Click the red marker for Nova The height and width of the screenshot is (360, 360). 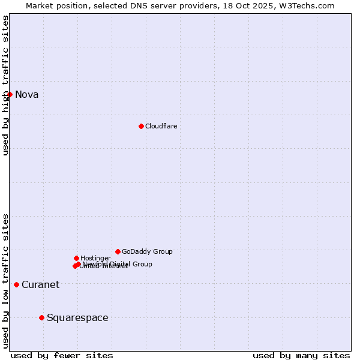pyautogui.click(x=10, y=94)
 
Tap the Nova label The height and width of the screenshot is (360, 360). pyautogui.click(x=26, y=94)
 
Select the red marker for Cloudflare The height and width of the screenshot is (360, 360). pyautogui.click(x=141, y=126)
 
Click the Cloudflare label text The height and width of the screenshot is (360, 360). pyautogui.click(x=161, y=126)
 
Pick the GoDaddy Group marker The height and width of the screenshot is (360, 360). pyautogui.click(x=118, y=251)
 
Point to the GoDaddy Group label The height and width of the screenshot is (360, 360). pyautogui.click(x=147, y=251)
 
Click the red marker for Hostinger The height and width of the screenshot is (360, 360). pyautogui.click(x=76, y=258)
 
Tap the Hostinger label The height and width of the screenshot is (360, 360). pyautogui.click(x=95, y=258)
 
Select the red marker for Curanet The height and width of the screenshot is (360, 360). pyautogui.click(x=16, y=284)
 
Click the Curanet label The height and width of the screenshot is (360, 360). pyautogui.click(x=40, y=284)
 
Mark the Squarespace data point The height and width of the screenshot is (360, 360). pyautogui.click(x=41, y=317)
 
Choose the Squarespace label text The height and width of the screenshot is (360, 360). pyautogui.click(x=77, y=317)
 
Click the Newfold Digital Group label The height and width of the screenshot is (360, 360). pyautogui.click(x=118, y=263)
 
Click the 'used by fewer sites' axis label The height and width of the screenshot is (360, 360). pyautogui.click(x=62, y=355)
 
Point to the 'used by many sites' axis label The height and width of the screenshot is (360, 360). pyautogui.click(x=301, y=355)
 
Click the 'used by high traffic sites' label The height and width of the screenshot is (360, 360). pyautogui.click(x=5, y=85)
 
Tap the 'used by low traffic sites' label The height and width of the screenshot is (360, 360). pyautogui.click(x=5, y=281)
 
